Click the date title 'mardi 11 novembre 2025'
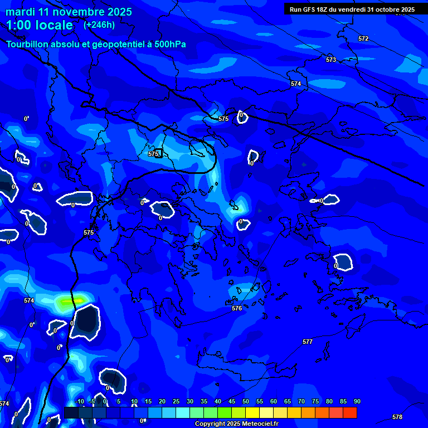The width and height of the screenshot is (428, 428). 69,12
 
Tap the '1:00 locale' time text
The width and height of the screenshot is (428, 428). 40,25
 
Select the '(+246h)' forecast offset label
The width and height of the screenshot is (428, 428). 99,25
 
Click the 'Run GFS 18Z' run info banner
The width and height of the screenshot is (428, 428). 352,9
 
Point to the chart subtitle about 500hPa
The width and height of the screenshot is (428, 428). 96,44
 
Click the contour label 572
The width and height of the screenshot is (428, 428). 363,38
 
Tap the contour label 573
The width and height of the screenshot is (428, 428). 331,60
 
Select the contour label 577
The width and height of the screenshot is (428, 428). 308,342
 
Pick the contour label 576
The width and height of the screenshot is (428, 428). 237,308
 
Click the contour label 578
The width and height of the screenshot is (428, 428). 397,417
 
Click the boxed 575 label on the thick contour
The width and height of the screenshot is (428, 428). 154,154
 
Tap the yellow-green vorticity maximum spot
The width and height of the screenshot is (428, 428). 72,301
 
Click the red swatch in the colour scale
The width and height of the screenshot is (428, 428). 350,412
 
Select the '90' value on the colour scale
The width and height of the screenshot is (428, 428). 357,402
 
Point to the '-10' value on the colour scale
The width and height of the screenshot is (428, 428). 79,402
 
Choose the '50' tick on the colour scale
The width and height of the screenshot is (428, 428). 246,402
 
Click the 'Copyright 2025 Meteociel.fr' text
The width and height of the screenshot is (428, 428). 236,424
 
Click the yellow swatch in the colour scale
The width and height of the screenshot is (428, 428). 252,412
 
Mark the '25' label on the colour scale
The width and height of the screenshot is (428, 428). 176,402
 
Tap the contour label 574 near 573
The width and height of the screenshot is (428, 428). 296,84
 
